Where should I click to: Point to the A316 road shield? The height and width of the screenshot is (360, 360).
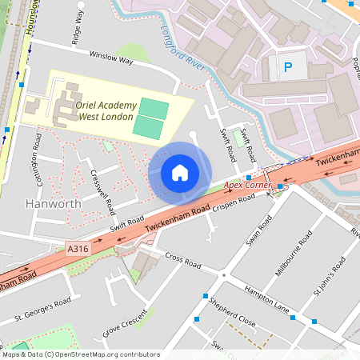(78, 250)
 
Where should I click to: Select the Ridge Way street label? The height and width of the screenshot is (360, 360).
(78, 26)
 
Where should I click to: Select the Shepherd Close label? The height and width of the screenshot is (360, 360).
(230, 314)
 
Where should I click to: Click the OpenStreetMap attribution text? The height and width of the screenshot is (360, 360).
(80, 354)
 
